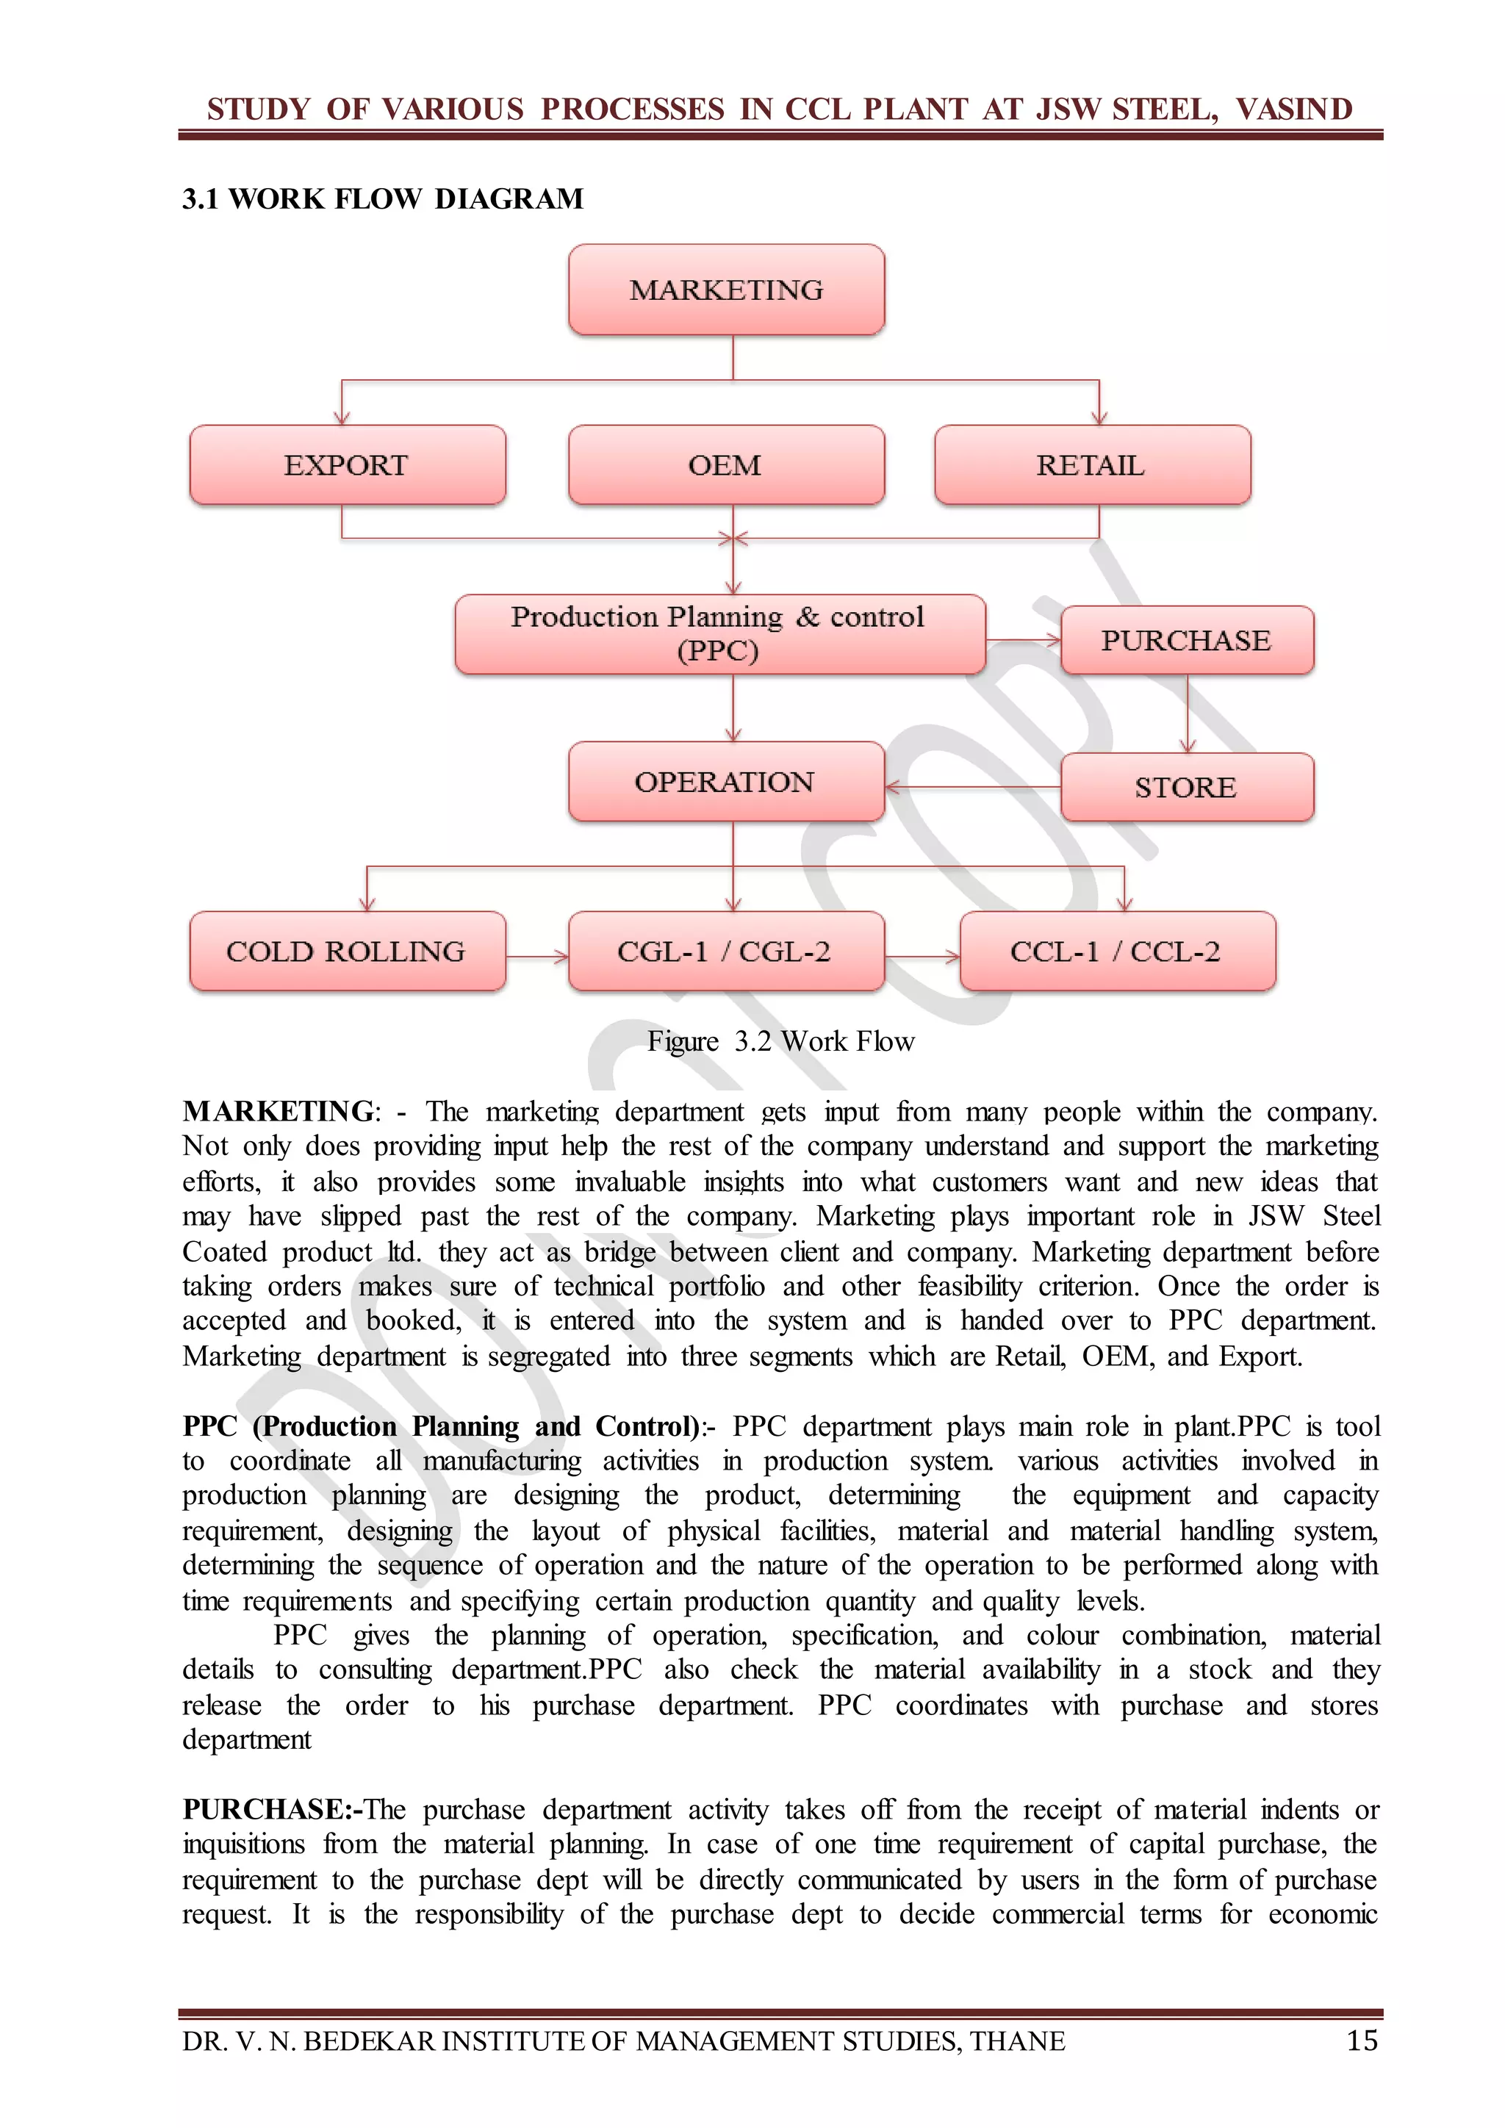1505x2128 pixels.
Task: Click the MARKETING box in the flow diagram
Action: click(x=727, y=290)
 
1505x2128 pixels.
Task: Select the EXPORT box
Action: click(x=348, y=465)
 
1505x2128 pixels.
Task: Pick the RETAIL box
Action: click(x=1092, y=465)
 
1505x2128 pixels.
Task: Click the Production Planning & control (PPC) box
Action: click(x=719, y=634)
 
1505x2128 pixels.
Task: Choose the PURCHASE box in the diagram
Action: click(x=1186, y=641)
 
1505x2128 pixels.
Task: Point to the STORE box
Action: click(x=1186, y=787)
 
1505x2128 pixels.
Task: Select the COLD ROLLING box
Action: click(x=348, y=951)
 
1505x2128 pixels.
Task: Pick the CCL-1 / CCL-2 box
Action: click(x=1117, y=951)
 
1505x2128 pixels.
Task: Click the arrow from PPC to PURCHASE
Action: click(x=1023, y=639)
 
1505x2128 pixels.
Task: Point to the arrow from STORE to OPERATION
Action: click(x=973, y=787)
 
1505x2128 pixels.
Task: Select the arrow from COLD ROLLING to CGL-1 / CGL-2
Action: click(x=536, y=955)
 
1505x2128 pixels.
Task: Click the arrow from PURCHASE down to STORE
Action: click(x=1187, y=713)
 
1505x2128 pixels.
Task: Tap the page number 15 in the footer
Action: click(x=1362, y=2040)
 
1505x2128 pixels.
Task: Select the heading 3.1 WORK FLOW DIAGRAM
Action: click(x=383, y=198)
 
